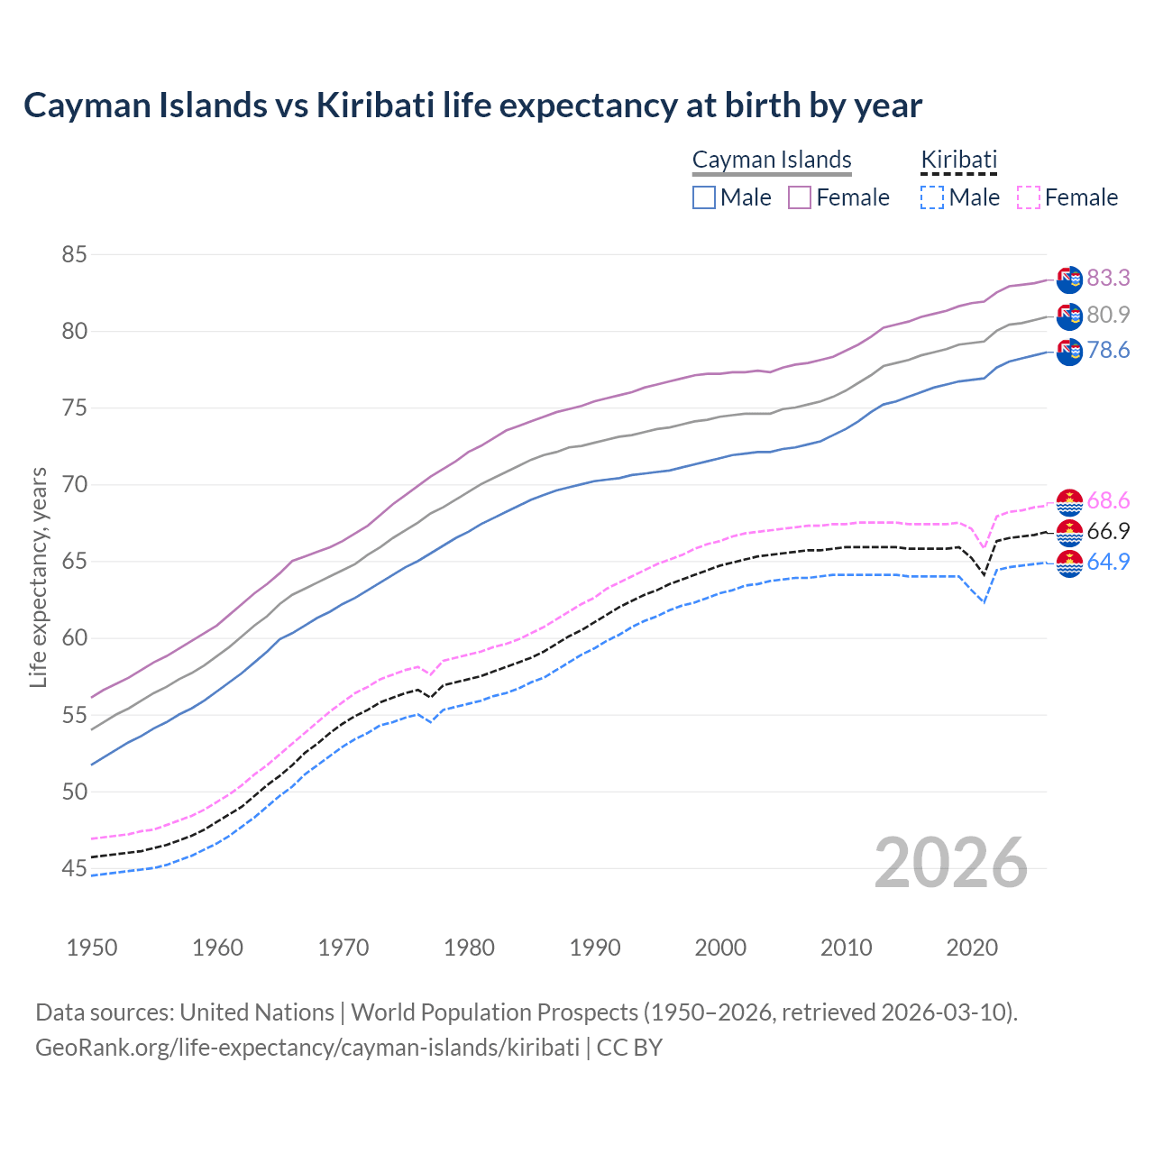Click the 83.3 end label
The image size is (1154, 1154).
1108,278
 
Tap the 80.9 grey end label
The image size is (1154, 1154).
1108,315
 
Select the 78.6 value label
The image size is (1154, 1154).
1108,350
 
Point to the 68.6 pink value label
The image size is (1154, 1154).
1108,500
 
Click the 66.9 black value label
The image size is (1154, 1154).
1108,531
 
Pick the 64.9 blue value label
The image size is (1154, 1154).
1108,562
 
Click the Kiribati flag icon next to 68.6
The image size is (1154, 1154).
1069,502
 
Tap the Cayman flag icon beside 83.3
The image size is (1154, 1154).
1069,279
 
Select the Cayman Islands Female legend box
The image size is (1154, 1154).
800,197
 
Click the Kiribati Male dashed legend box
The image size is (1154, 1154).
932,197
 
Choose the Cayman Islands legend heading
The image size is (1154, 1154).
772,160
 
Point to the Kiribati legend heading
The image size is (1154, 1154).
958,160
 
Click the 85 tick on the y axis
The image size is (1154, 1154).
74,255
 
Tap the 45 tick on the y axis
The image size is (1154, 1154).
74,869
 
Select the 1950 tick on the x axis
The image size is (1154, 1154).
92,948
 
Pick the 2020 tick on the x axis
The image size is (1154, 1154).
972,948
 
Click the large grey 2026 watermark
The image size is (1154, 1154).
951,863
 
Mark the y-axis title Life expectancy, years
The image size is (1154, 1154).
38,577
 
